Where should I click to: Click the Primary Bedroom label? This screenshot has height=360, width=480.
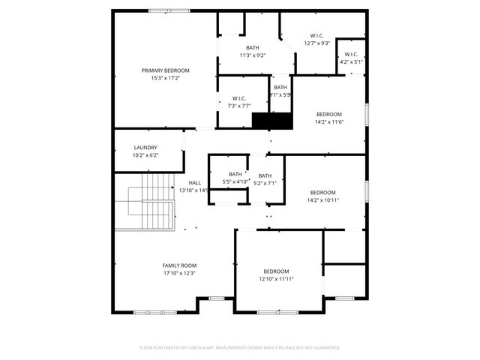click(166, 70)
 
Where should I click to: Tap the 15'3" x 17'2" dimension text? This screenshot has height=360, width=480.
click(166, 78)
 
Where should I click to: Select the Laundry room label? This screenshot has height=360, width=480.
click(145, 148)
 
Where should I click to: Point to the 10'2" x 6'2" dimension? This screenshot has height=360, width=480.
click(145, 155)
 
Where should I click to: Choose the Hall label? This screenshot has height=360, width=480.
click(194, 183)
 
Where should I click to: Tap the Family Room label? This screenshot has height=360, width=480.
click(179, 265)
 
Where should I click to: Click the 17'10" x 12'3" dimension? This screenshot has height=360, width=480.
click(179, 273)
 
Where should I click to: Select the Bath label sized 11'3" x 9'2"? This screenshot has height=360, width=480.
click(253, 48)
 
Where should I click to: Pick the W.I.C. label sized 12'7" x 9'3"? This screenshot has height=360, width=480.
click(317, 36)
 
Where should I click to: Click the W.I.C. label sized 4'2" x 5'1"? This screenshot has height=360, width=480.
click(351, 54)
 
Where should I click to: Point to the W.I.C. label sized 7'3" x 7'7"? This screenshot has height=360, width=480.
click(240, 98)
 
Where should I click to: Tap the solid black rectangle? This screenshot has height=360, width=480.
click(271, 120)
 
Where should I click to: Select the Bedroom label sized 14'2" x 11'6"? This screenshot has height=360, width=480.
click(328, 114)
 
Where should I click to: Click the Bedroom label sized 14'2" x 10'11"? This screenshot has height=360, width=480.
click(323, 192)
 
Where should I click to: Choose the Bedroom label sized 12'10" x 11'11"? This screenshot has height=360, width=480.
click(276, 271)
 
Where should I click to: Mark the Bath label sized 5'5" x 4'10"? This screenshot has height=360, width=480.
click(235, 175)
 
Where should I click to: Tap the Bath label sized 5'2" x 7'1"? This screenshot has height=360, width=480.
click(265, 175)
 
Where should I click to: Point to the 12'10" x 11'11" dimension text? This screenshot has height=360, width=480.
click(276, 279)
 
